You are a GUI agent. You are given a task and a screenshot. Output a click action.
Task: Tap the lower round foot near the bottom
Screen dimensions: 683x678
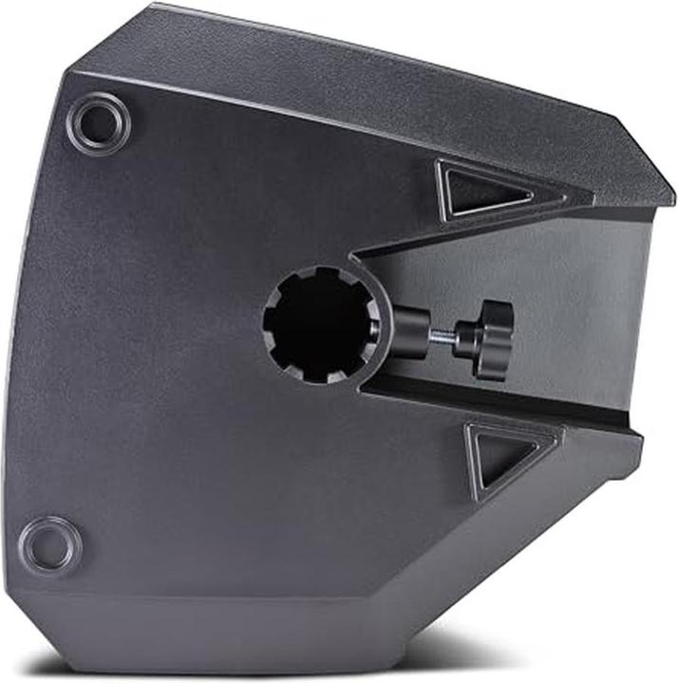point(49,543)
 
